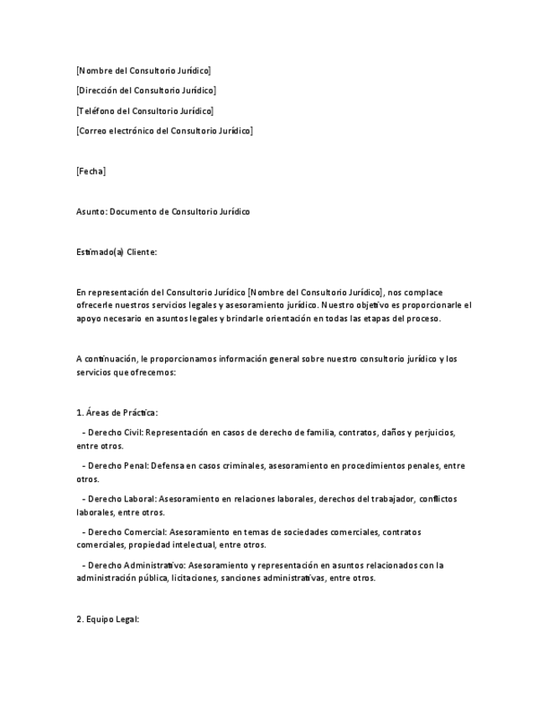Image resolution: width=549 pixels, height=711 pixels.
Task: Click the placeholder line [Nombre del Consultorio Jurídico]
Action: coord(143,70)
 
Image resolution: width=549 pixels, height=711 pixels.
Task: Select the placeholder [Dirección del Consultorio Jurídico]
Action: coord(146,91)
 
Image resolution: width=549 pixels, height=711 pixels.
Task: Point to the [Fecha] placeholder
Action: coord(91,171)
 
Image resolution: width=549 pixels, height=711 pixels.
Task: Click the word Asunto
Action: coord(91,211)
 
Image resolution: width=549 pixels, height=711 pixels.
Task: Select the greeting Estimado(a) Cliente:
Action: coord(117,252)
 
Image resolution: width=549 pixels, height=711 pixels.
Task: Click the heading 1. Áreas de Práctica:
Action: coord(117,413)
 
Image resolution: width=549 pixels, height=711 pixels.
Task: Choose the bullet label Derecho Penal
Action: coord(118,465)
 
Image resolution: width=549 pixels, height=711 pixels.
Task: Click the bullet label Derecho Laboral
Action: coord(122,499)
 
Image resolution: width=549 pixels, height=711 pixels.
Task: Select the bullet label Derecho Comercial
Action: coord(127,532)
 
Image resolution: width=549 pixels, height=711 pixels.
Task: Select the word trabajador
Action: coord(392,499)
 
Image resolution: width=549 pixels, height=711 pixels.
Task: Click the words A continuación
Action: coord(106,359)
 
